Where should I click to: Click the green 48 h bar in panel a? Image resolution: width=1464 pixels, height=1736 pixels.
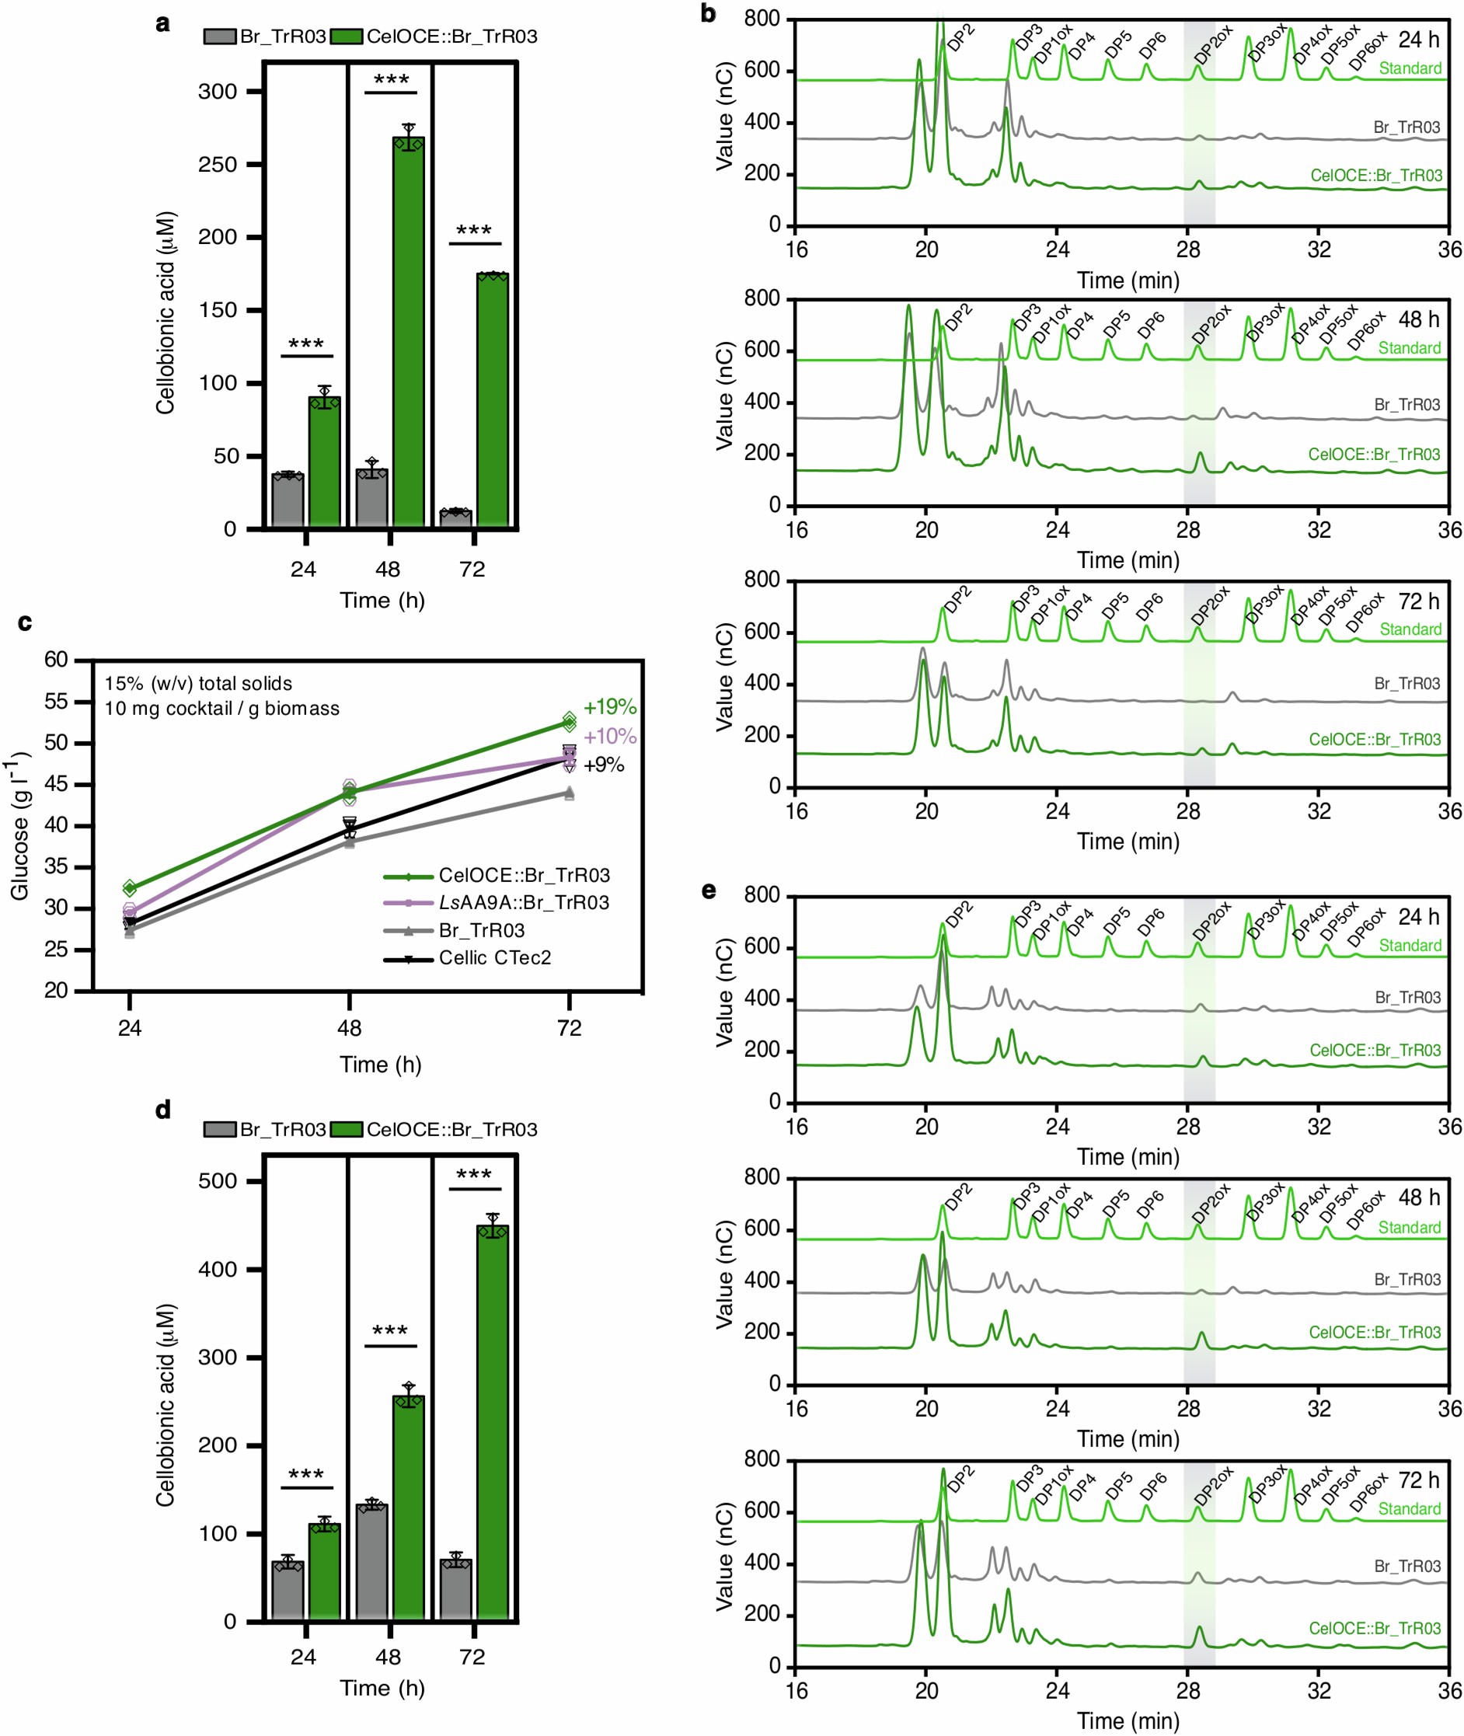pos(407,332)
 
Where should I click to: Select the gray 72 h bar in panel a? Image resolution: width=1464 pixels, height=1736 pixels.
pos(455,518)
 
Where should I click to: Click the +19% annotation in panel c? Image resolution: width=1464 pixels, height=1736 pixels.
pos(609,707)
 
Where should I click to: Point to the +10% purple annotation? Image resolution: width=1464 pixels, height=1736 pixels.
pos(609,736)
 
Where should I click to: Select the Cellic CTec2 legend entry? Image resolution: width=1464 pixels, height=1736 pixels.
pos(495,957)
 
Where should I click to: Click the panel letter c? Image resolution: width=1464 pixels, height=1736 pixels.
pos(25,622)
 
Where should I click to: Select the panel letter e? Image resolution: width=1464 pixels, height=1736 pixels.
pos(709,891)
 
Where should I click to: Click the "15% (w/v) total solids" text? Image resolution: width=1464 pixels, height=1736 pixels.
pos(198,683)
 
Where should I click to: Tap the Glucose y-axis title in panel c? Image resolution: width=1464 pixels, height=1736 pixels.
pos(20,826)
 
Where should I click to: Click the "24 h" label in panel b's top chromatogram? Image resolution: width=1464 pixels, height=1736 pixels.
pos(1418,39)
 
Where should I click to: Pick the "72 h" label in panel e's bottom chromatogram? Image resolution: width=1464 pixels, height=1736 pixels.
pos(1418,1480)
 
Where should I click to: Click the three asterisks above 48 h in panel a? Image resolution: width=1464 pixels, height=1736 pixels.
pos(391,80)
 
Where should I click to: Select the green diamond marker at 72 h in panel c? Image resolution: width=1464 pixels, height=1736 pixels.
pos(570,721)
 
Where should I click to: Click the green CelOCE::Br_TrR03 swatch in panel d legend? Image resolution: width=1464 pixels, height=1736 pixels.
pos(346,1129)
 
